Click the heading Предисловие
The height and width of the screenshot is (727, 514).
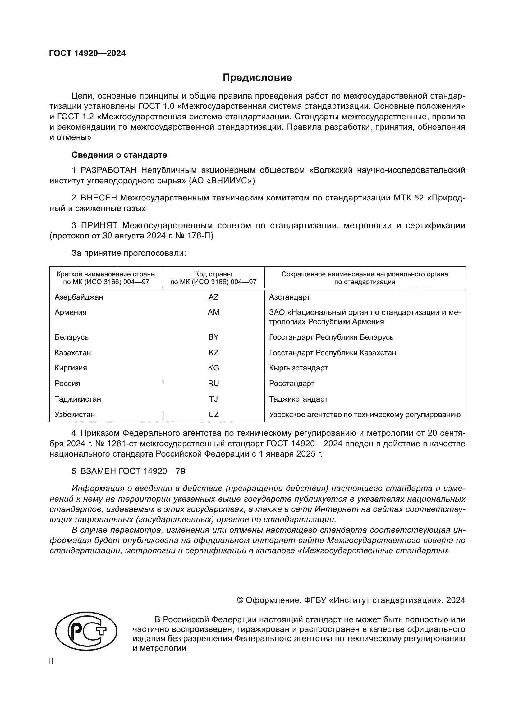point(257,78)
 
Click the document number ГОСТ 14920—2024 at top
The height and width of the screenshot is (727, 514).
point(87,53)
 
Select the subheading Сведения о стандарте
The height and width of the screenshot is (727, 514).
point(119,155)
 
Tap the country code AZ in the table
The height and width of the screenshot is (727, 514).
point(213,297)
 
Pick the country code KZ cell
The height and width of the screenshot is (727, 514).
point(213,352)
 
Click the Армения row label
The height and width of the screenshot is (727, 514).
point(70,312)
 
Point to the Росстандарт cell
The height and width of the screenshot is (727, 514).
point(291,384)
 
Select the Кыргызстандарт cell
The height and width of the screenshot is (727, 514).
point(298,368)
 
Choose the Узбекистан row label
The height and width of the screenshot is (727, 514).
point(75,415)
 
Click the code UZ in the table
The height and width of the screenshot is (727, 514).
point(213,415)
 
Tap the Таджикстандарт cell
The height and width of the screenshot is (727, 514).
point(298,399)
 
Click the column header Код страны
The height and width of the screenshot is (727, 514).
point(213,274)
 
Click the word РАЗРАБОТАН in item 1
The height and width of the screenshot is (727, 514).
point(108,170)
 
